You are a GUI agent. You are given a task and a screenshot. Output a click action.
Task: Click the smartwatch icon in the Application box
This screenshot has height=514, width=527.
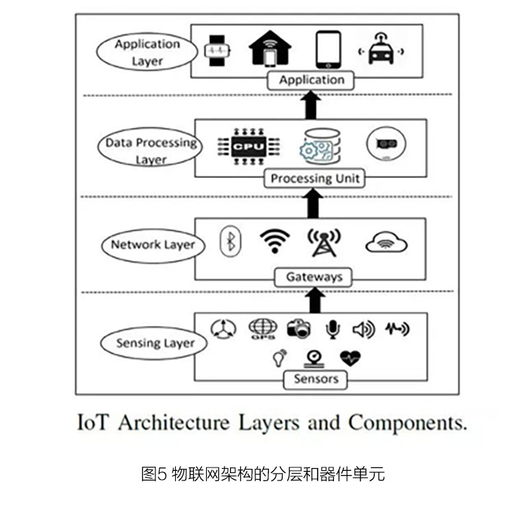[218, 51]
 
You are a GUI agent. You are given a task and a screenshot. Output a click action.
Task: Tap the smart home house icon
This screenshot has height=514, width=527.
[270, 48]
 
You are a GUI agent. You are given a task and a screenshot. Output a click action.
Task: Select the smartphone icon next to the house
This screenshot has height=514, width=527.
[329, 50]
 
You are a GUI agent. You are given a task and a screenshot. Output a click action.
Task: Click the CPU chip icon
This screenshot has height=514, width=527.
[248, 146]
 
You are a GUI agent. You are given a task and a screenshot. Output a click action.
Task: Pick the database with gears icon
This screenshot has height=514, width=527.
[320, 146]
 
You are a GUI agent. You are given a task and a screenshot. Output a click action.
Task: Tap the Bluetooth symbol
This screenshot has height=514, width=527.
[231, 242]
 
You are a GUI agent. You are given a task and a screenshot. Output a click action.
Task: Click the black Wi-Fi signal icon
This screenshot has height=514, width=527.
[274, 241]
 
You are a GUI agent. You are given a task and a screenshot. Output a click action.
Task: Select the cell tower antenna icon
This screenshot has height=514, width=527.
[324, 243]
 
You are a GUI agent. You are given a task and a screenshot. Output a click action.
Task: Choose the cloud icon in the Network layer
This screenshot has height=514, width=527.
[386, 242]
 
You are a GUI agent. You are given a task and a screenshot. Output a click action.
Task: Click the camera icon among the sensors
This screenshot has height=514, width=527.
[299, 329]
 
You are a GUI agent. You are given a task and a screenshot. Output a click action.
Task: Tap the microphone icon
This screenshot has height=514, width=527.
[333, 329]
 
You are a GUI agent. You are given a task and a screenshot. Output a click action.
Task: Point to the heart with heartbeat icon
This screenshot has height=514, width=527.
[350, 359]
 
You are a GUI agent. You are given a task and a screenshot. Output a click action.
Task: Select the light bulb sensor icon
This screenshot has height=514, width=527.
[279, 359]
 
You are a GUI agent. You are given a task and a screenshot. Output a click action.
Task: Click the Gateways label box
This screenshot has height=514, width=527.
[313, 277]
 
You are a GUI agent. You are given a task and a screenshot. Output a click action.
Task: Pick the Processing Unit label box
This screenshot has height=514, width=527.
[315, 178]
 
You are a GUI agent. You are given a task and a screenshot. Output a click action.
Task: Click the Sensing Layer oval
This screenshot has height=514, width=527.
[154, 343]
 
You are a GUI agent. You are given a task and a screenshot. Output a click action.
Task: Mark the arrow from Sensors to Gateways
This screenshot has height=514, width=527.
[315, 300]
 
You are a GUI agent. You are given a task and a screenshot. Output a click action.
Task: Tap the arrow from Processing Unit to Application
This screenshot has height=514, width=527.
[311, 105]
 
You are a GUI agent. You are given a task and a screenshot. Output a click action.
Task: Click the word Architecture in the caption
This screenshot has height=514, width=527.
[174, 423]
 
